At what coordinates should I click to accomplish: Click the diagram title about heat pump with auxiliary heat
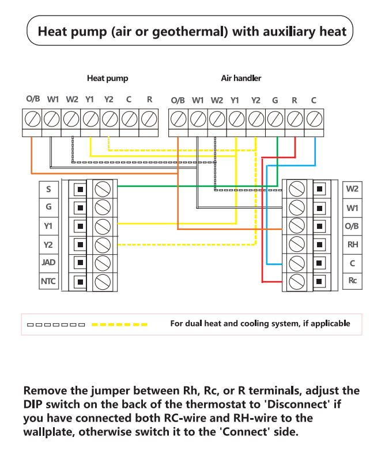(192, 31)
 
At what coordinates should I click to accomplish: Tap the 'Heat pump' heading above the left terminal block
(107, 78)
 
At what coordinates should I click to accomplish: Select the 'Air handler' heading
(241, 78)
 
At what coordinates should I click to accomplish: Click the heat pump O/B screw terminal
(33, 120)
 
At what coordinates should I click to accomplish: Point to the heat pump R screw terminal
(149, 120)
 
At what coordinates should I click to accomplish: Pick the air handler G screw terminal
(275, 120)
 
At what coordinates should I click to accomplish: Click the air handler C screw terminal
(314, 120)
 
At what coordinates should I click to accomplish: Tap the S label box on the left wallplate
(48, 189)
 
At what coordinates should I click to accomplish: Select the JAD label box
(48, 263)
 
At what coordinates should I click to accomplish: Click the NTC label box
(48, 282)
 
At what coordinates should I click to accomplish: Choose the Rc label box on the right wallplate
(352, 281)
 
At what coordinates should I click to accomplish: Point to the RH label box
(352, 244)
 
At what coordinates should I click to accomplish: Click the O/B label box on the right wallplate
(352, 225)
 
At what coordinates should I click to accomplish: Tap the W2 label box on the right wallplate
(352, 189)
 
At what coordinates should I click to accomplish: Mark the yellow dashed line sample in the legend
(119, 324)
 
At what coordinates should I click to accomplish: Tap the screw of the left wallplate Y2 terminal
(103, 244)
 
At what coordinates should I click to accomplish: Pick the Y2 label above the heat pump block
(109, 99)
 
